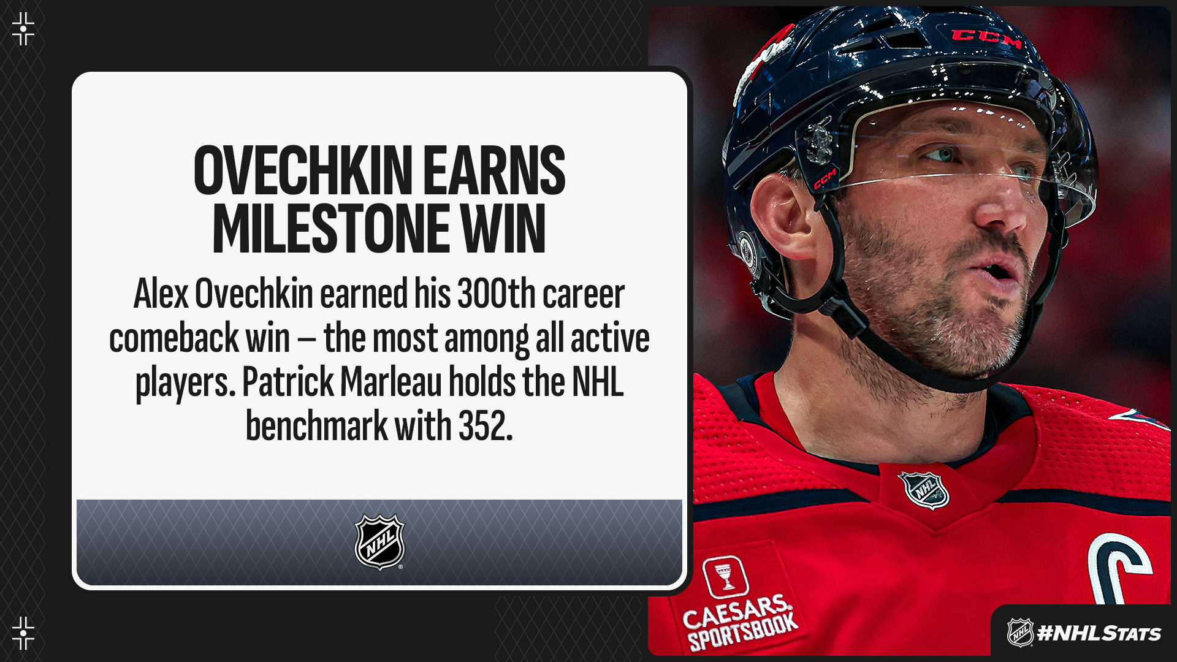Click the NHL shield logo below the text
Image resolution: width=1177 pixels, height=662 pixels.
379,542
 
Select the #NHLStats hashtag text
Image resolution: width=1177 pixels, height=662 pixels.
1099,633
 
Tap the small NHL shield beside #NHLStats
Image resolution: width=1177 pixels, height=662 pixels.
1020,633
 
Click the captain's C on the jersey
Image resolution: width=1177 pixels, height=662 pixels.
1119,567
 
